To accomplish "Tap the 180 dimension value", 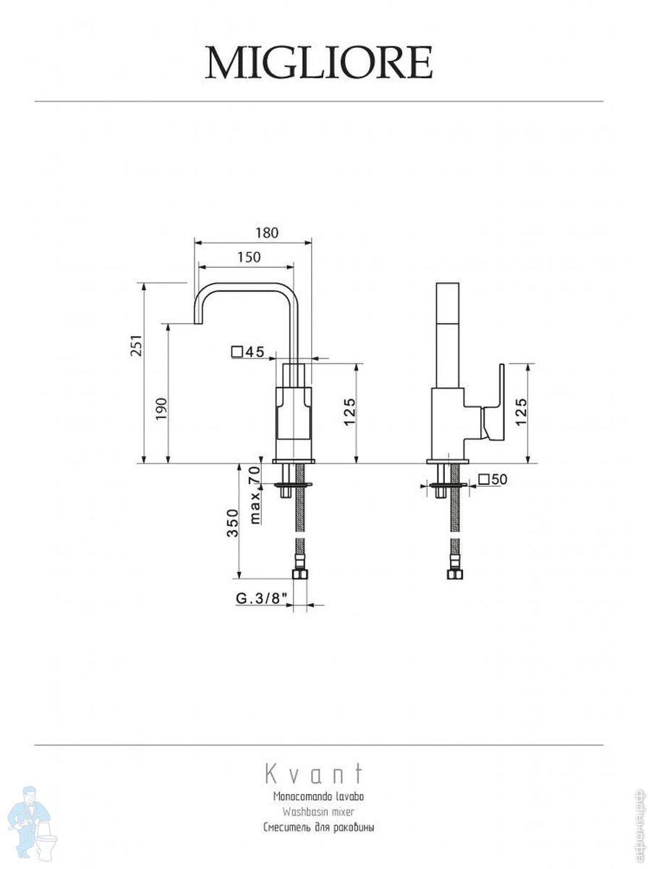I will [x=267, y=233].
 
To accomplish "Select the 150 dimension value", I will [x=248, y=257].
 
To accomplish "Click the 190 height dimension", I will [x=161, y=408].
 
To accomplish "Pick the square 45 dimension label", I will [x=247, y=353].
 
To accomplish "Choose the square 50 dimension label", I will [x=493, y=479].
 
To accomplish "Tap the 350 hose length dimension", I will [x=232, y=522].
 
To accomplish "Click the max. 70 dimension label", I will [x=254, y=495].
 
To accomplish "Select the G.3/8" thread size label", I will [x=262, y=599].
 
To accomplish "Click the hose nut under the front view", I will [x=300, y=575].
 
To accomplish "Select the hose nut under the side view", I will [x=454, y=575].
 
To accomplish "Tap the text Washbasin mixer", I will [x=318, y=812].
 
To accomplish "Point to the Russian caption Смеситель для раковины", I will [x=318, y=827].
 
